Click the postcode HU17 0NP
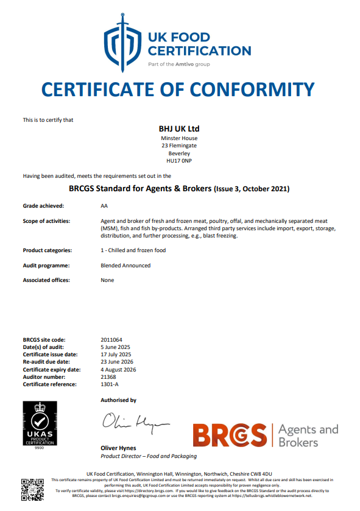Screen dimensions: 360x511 coord(179,161)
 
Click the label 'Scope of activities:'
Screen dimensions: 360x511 coord(46,220)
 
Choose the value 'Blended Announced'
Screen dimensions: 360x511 coord(125,266)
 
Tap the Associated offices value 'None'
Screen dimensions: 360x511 coord(107,280)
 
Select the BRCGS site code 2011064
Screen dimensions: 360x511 coord(112,339)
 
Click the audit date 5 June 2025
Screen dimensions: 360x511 coord(116,347)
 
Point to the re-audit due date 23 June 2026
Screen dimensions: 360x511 coord(116,362)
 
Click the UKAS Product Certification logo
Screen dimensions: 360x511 coord(40,425)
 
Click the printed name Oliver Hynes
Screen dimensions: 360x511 coord(118,448)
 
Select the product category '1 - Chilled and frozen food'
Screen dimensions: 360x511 coord(133,250)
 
